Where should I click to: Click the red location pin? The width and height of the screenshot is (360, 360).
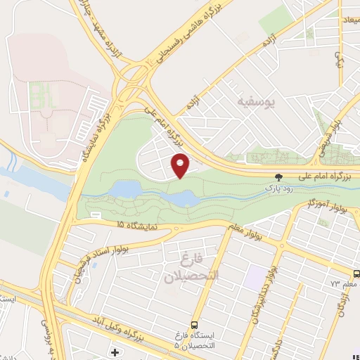(x=181, y=165)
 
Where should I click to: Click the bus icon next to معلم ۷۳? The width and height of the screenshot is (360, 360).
(x=356, y=274)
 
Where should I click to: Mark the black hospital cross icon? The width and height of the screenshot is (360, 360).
(x=114, y=351)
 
